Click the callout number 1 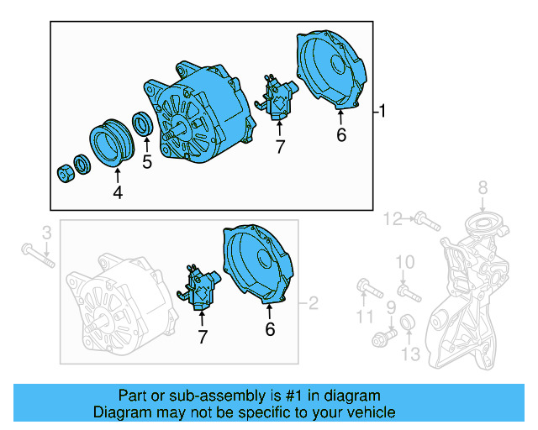[x=382, y=111]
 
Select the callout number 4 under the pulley [x=118, y=193]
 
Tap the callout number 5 [x=147, y=162]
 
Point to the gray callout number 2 [x=314, y=302]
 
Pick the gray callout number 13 [x=409, y=355]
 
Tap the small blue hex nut [x=64, y=173]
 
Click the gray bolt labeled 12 [x=427, y=223]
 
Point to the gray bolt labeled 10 [x=409, y=293]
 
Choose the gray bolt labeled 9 [x=383, y=338]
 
